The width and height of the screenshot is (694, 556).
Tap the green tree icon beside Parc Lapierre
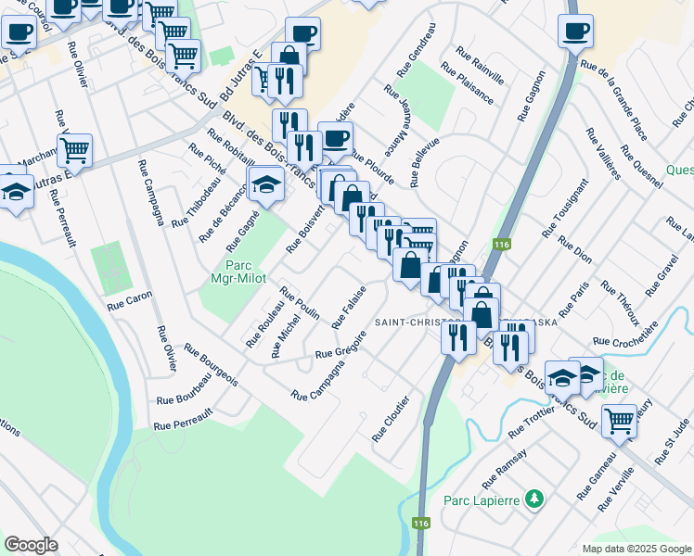pos(533,499)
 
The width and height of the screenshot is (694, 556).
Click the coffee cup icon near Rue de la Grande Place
pos(575,31)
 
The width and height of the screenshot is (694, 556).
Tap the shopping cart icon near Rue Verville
pos(619,420)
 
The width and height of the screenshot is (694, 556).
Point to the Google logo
pos(31,544)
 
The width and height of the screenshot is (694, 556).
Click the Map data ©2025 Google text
pos(636,549)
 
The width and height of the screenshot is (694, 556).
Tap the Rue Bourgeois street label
pos(211,366)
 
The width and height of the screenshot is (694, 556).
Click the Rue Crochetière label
pos(623,340)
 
